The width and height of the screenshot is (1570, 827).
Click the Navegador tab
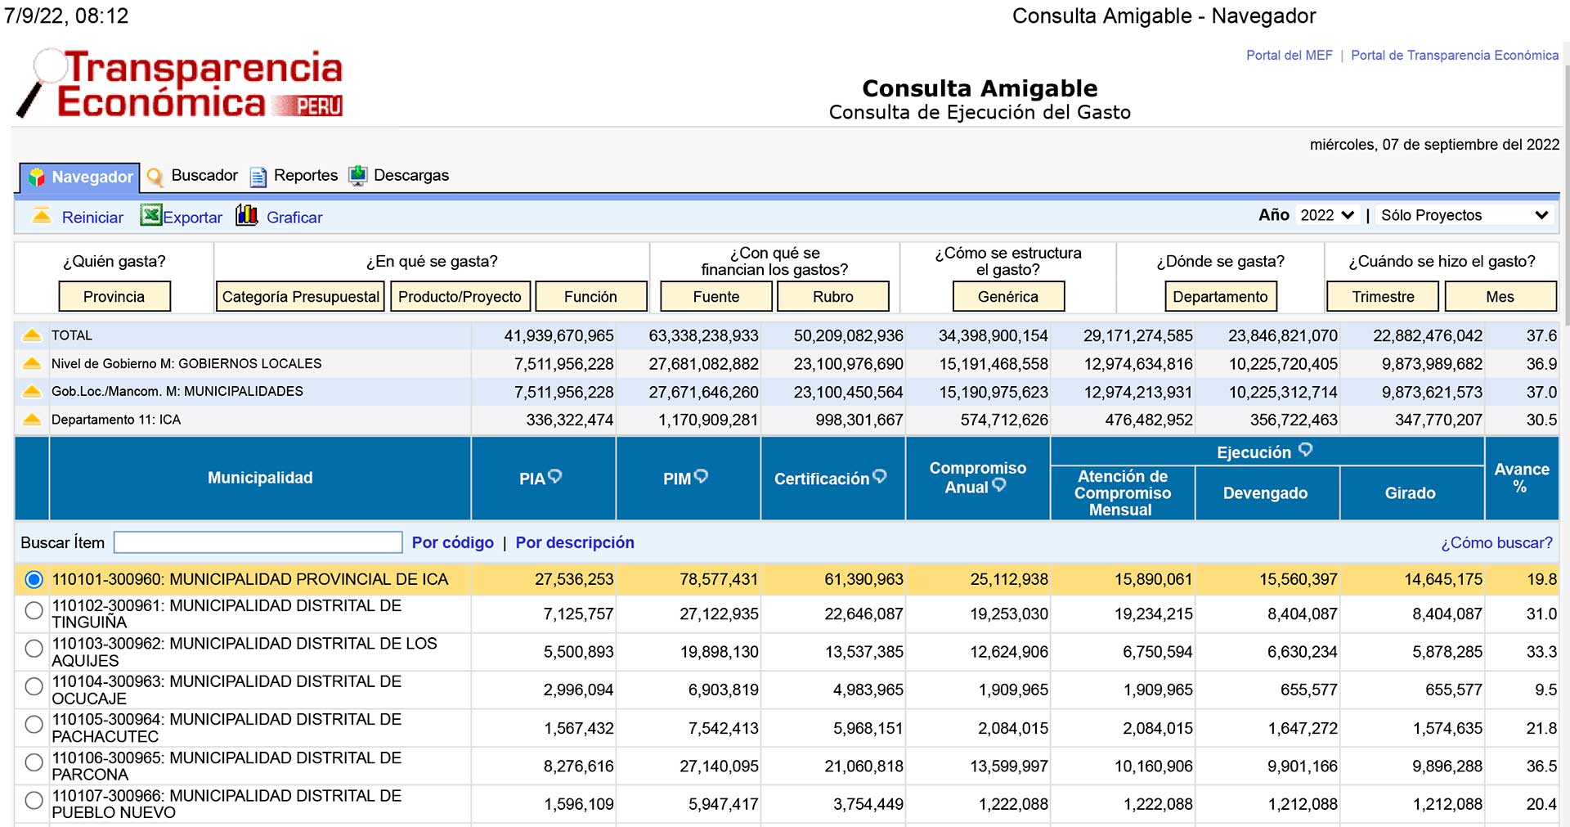79,177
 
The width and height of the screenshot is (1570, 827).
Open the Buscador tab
192,176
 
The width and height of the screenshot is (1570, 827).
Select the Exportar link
182,217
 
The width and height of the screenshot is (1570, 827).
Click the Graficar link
280,217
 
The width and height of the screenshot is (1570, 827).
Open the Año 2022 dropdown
1327,215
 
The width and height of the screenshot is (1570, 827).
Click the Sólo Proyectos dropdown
1464,215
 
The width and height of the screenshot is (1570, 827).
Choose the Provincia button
114,296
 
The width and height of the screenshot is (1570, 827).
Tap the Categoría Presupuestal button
301,296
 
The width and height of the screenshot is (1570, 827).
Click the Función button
590,296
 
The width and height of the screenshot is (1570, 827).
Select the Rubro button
832,296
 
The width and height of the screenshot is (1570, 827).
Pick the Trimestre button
1383,296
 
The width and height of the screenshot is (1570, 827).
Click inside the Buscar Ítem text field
258,542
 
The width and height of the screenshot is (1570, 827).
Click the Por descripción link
575,542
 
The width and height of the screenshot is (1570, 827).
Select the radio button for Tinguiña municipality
34,610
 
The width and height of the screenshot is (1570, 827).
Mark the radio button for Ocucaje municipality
34,686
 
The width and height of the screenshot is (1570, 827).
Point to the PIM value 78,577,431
719,579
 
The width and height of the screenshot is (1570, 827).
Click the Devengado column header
1265,493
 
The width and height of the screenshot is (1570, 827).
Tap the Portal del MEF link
1290,56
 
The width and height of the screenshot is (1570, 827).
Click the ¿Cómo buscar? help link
1496,542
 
